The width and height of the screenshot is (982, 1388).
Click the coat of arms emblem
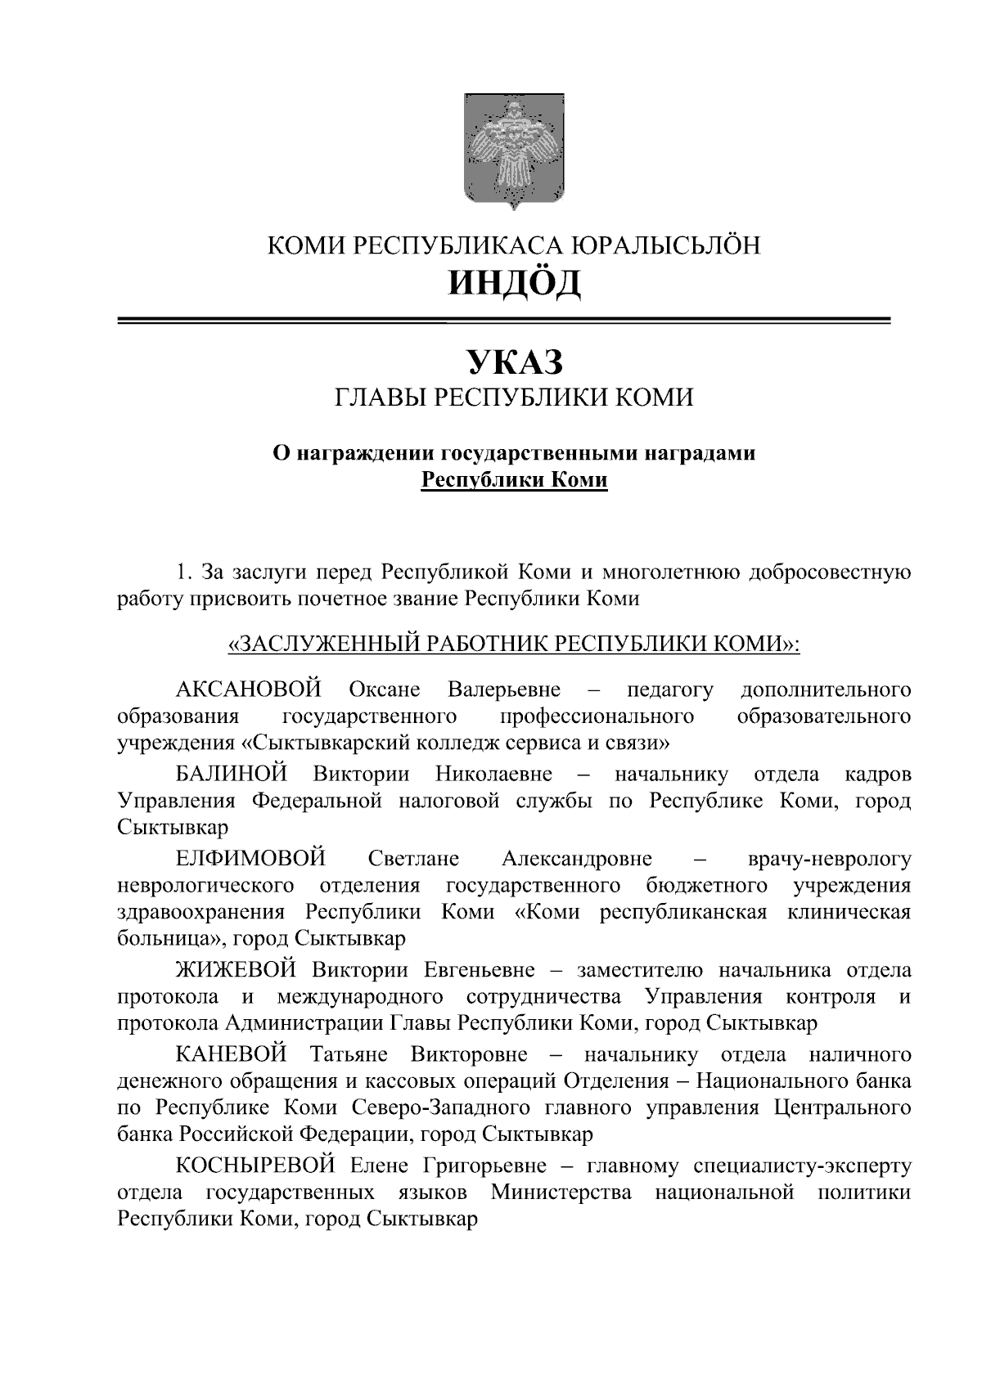click(x=514, y=150)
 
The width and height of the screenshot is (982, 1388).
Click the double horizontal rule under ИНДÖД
click(x=503, y=321)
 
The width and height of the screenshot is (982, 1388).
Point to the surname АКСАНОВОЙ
click(x=248, y=690)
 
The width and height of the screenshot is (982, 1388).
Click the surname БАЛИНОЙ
click(x=232, y=774)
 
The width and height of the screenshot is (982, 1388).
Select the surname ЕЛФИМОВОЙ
click(x=250, y=859)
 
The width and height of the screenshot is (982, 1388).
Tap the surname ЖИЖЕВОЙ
click(x=236, y=970)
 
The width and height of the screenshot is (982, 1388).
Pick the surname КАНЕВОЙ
click(x=232, y=1054)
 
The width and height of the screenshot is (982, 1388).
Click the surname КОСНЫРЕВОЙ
click(x=256, y=1165)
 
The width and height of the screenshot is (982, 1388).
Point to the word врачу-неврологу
click(x=829, y=860)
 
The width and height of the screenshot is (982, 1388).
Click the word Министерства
click(x=561, y=1193)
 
